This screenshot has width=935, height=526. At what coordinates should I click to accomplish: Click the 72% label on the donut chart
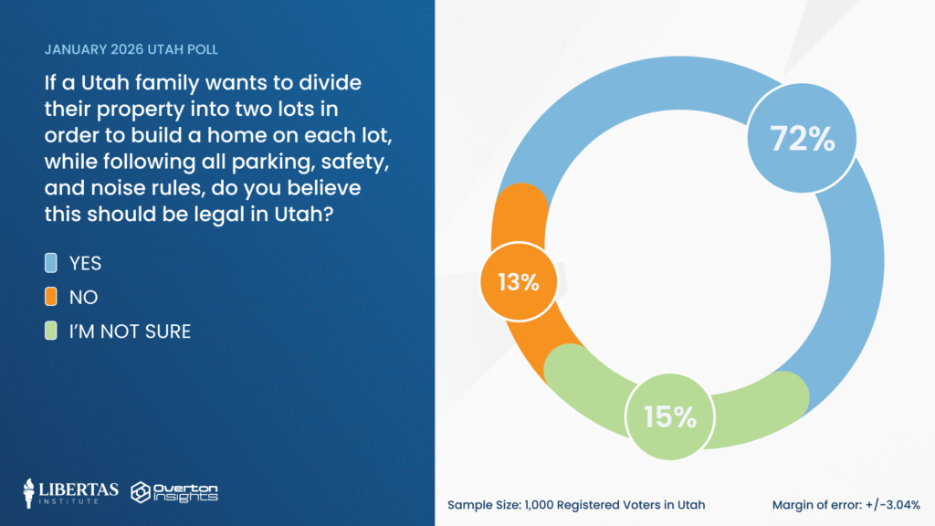tap(803, 139)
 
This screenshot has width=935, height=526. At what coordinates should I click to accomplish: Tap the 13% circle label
tap(518, 282)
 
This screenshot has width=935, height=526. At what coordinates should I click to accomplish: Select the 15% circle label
tap(669, 417)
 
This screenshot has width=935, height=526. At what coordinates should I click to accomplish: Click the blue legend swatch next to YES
tap(52, 263)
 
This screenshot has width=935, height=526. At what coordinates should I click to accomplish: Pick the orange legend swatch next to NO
tap(52, 297)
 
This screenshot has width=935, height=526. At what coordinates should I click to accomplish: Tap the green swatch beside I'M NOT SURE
tap(52, 331)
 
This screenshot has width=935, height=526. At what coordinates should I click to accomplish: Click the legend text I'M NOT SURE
tap(130, 331)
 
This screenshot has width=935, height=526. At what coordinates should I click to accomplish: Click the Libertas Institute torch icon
tap(31, 491)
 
